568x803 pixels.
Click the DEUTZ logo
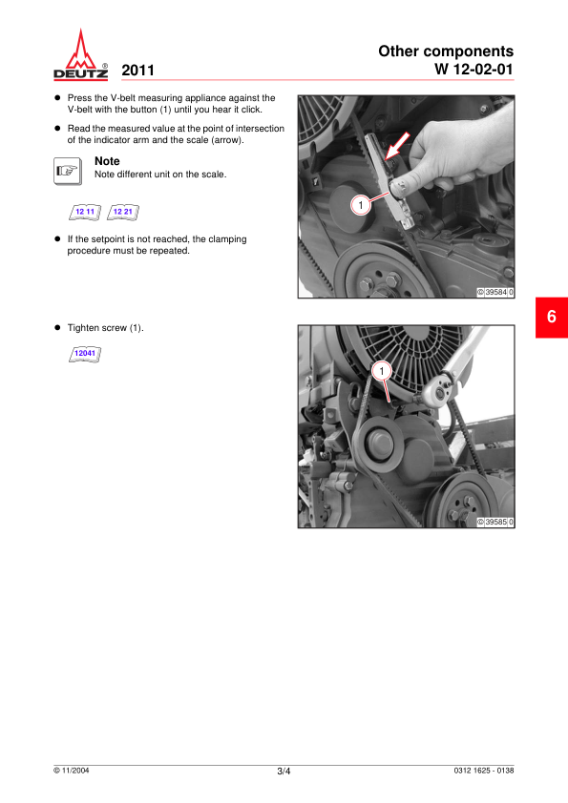point(80,54)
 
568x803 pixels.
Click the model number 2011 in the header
point(137,71)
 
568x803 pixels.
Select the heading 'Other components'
point(446,51)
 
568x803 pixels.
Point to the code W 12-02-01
point(473,69)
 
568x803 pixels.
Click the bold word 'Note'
point(107,161)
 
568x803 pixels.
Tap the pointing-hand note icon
point(68,171)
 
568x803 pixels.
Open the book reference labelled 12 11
point(85,212)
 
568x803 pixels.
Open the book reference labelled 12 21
point(123,212)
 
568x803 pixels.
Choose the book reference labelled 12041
point(85,354)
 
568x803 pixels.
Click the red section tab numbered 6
point(552,317)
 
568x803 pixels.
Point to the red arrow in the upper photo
point(398,146)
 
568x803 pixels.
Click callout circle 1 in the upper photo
point(361,205)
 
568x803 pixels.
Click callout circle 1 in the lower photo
point(382,371)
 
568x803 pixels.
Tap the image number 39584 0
point(495,293)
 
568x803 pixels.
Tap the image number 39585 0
point(495,522)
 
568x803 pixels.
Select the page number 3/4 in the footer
point(284,772)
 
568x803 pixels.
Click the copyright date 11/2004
point(72,771)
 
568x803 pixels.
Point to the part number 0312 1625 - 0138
point(483,771)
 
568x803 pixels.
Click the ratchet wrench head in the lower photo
point(437,393)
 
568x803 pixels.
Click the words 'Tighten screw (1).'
point(106,328)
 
